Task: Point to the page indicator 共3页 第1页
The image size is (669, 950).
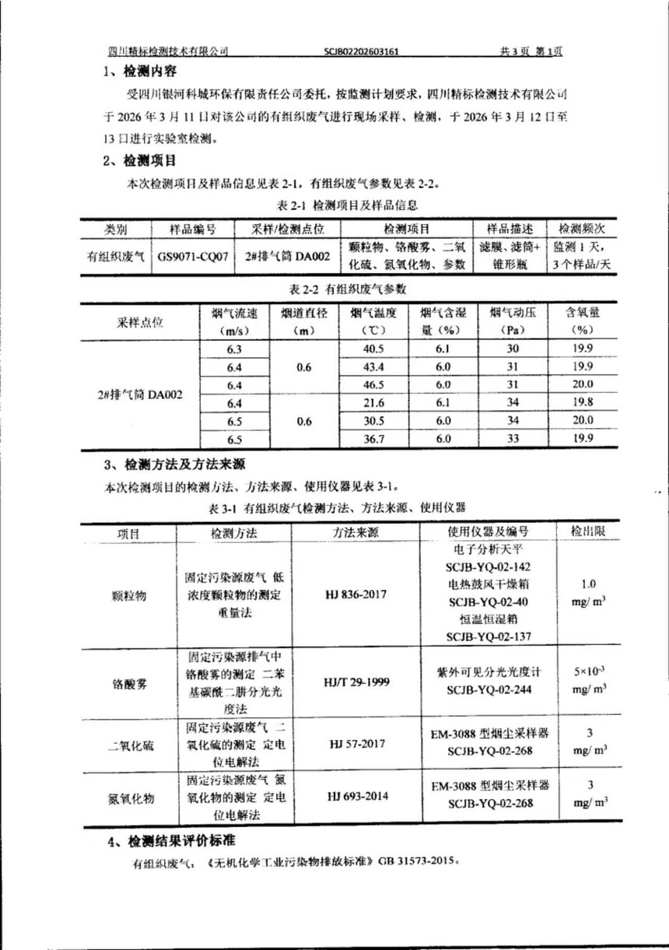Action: [531, 52]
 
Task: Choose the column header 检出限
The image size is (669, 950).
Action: [589, 532]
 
